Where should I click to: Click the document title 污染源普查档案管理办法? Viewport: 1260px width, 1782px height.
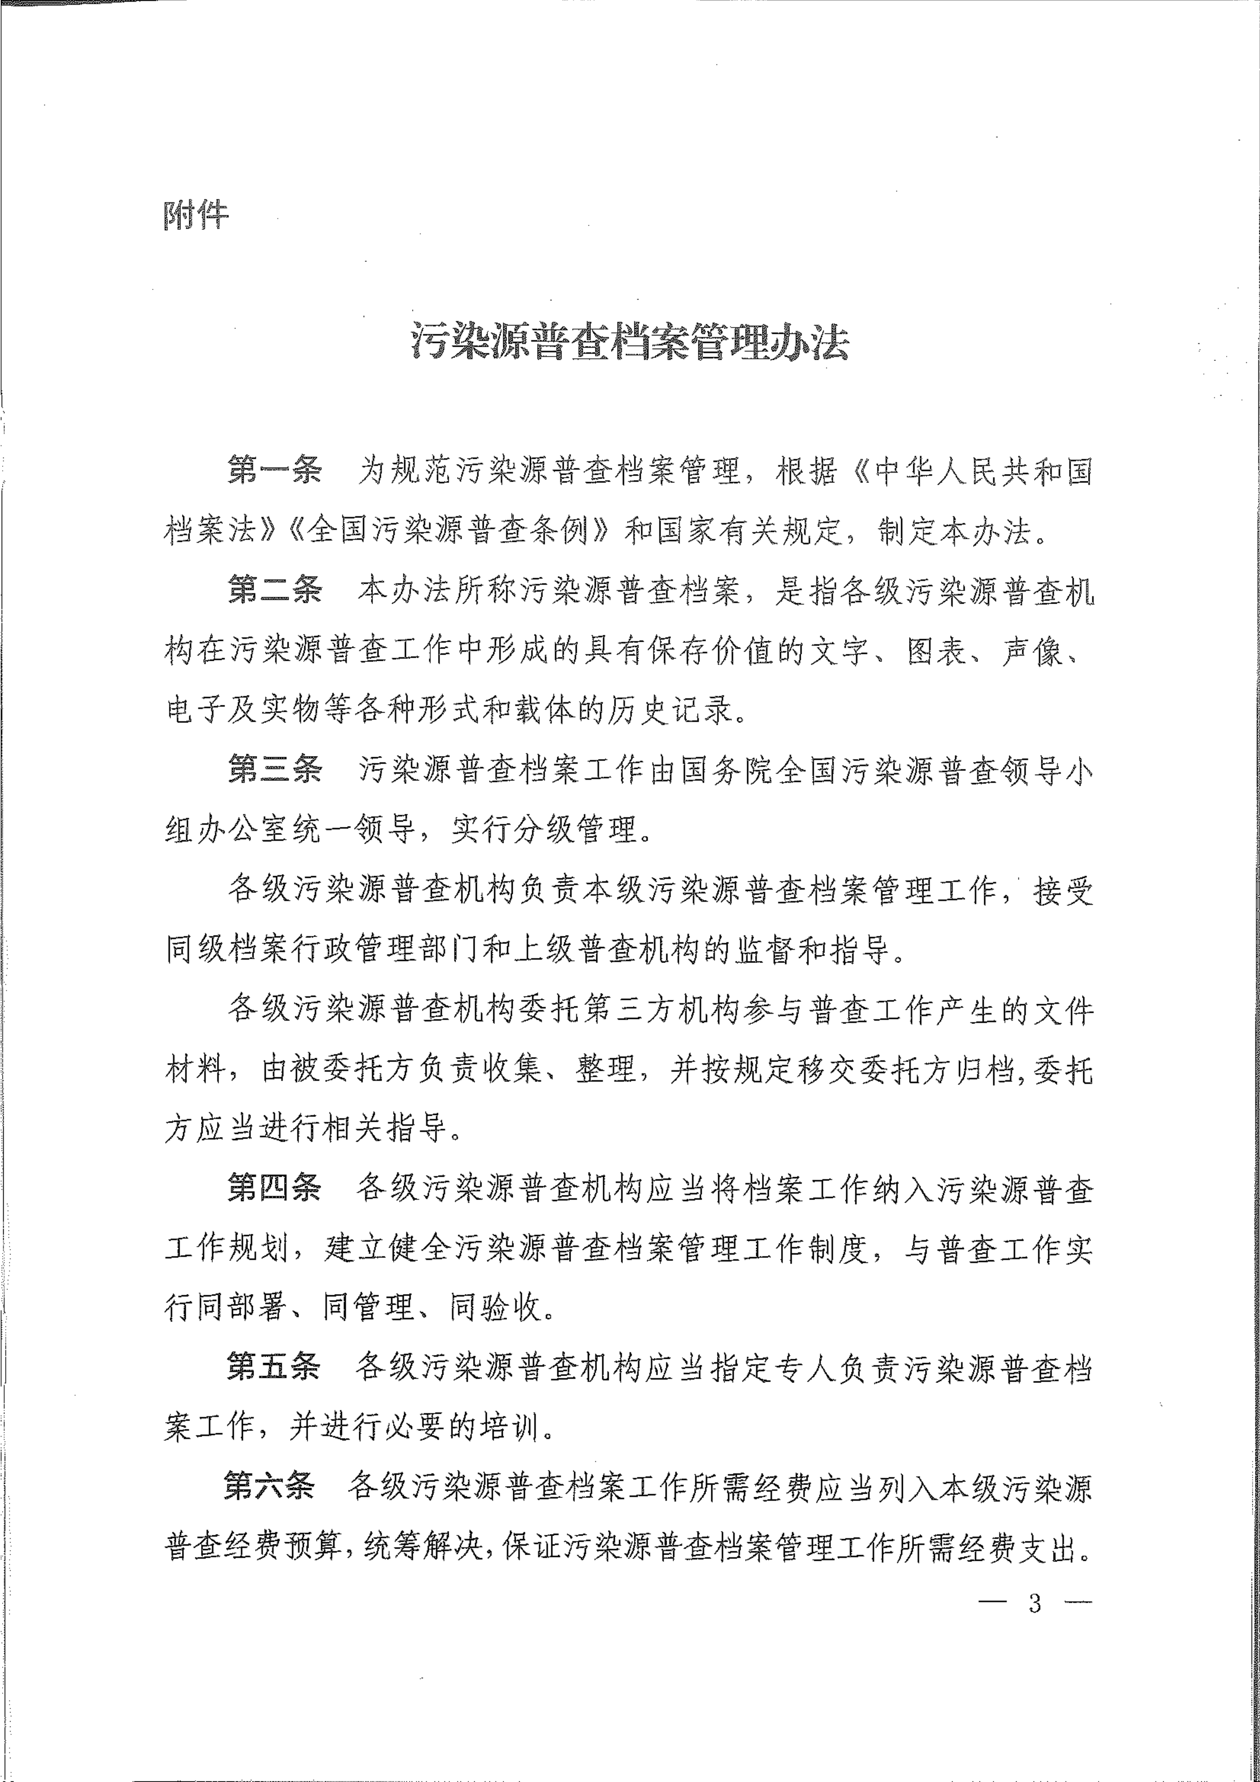[630, 342]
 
